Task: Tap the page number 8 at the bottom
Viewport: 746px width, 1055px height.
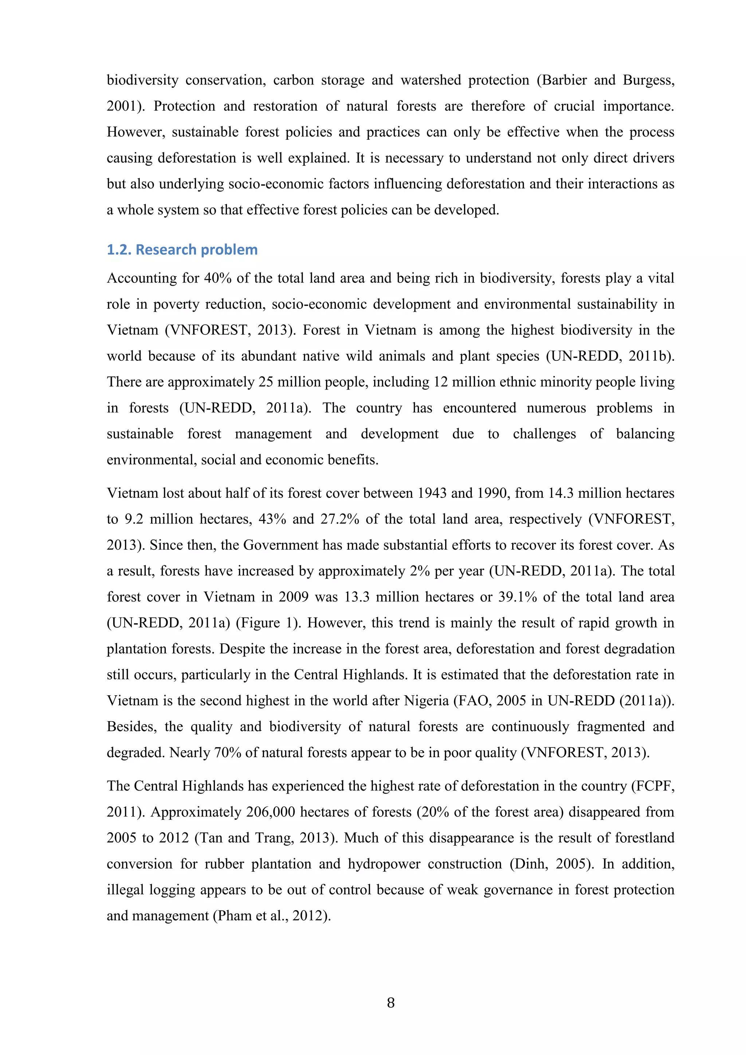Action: pos(391,1003)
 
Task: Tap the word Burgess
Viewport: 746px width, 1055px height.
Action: pos(648,80)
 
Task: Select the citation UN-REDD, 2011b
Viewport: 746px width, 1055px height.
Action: pos(609,356)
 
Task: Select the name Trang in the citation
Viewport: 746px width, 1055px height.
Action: pos(274,838)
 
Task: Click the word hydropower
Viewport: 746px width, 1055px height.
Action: pos(384,864)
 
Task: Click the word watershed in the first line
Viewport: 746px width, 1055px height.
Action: pos(431,80)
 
